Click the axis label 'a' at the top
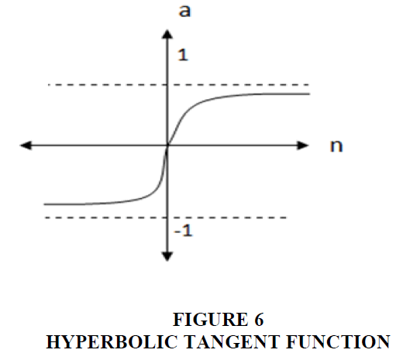(x=184, y=12)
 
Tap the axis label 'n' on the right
(x=336, y=146)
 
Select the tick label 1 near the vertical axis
(x=183, y=55)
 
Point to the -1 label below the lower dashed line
(x=184, y=230)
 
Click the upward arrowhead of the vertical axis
(x=167, y=34)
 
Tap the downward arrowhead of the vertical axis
(x=167, y=256)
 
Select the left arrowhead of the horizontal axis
(x=26, y=146)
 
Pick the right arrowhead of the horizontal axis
(x=303, y=146)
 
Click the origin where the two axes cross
(x=167, y=146)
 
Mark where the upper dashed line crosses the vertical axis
(x=167, y=84)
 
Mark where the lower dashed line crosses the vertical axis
(x=167, y=218)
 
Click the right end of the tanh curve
(x=309, y=94)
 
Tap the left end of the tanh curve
(x=44, y=204)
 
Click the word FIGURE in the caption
(x=210, y=320)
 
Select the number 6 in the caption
(x=259, y=320)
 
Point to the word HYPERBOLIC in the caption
(x=112, y=341)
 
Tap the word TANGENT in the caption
(x=232, y=341)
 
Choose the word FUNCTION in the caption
(x=338, y=341)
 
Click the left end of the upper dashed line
(x=48, y=84)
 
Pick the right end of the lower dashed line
(x=286, y=218)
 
